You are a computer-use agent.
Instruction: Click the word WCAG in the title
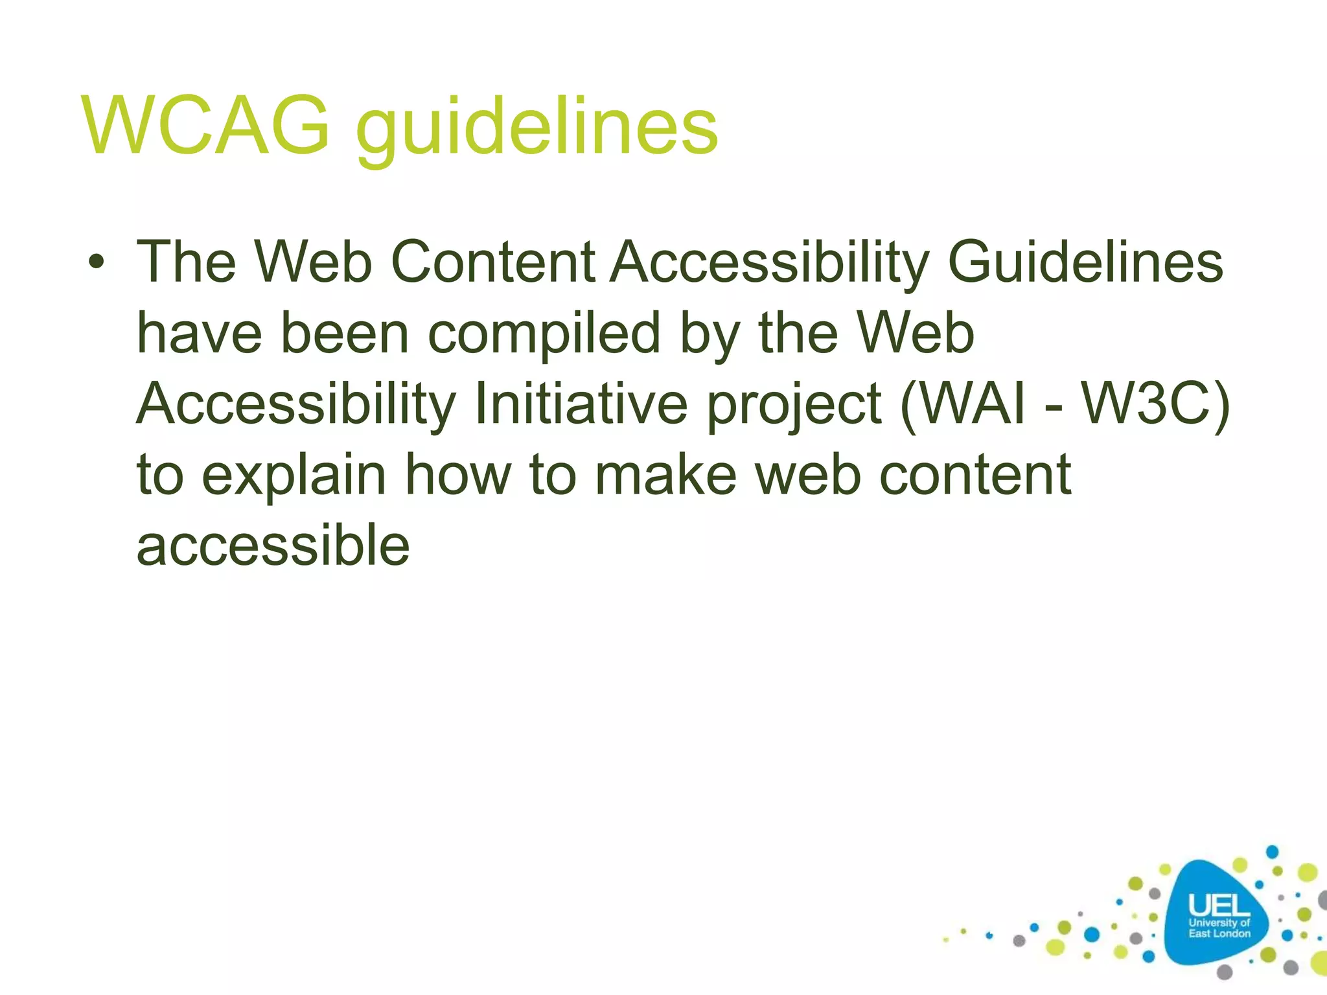[x=206, y=126]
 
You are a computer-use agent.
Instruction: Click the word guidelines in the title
[x=537, y=128]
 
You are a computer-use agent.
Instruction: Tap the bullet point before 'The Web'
[x=97, y=263]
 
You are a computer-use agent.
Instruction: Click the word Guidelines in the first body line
[x=1085, y=262]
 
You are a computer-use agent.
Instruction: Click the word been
[x=345, y=333]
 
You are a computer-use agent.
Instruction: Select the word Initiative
[x=581, y=404]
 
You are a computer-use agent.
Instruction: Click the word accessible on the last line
[x=273, y=545]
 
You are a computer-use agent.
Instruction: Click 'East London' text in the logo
[x=1219, y=933]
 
